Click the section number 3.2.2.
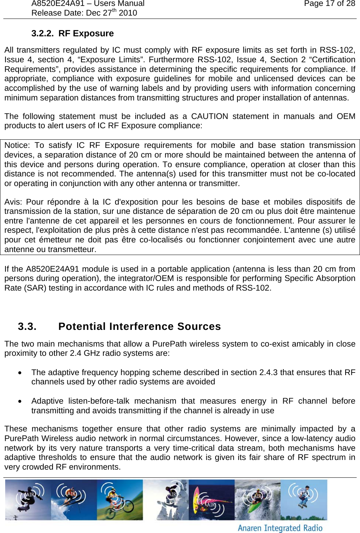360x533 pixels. (x=42, y=33)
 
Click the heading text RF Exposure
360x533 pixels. (x=86, y=33)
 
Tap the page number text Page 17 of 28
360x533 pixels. (x=329, y=4)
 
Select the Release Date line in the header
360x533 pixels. (x=84, y=13)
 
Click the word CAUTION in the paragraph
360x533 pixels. (x=209, y=116)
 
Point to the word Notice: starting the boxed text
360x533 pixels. (x=17, y=145)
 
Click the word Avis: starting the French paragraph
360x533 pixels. (x=13, y=202)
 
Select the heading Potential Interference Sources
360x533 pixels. (x=139, y=327)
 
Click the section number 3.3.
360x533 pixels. (x=27, y=327)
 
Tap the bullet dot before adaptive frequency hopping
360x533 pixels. (x=20, y=373)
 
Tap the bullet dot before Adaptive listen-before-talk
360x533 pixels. (x=20, y=401)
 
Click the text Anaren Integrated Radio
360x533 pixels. (x=280, y=528)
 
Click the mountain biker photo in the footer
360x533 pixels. (x=120, y=500)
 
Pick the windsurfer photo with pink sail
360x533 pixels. (x=211, y=500)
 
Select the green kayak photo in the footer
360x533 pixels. (x=257, y=500)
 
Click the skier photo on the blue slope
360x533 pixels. (x=74, y=500)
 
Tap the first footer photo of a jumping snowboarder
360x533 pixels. (x=28, y=500)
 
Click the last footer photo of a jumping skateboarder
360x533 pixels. (x=304, y=500)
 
